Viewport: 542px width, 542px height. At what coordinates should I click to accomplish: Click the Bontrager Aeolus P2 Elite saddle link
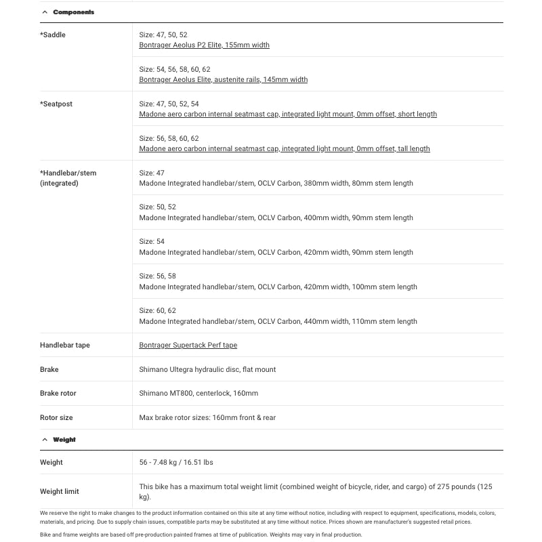click(204, 45)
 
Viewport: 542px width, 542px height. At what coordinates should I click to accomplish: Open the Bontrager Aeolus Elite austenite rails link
click(223, 80)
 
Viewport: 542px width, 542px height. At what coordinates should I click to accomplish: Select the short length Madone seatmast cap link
click(287, 114)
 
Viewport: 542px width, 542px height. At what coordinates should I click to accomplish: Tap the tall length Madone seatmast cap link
click(284, 149)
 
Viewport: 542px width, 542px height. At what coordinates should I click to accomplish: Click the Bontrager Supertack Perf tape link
click(188, 346)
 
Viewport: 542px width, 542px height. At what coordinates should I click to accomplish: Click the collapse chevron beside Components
click(45, 12)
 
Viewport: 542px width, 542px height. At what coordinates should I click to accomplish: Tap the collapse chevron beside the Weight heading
click(45, 440)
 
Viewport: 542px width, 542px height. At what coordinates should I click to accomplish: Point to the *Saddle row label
click(53, 35)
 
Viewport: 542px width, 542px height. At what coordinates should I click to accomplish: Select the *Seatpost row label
click(56, 104)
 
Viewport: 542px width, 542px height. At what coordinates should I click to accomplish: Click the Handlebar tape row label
click(65, 346)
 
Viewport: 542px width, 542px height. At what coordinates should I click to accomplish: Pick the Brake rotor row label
click(58, 394)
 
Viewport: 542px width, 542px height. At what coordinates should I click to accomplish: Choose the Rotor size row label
click(56, 418)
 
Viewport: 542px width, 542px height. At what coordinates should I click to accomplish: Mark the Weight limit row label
click(60, 492)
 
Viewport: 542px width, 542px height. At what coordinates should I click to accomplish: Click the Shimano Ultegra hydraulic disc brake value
click(207, 370)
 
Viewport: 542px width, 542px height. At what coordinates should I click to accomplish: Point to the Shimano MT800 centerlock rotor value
click(199, 394)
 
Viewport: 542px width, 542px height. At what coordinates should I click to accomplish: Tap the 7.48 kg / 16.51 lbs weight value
click(176, 463)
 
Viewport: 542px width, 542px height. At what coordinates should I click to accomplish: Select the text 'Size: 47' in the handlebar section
click(152, 173)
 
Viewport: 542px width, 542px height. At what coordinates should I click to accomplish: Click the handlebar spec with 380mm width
click(276, 184)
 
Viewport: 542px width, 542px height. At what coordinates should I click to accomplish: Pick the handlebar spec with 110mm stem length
click(278, 322)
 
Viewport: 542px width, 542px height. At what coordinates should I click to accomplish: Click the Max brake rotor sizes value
click(207, 418)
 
